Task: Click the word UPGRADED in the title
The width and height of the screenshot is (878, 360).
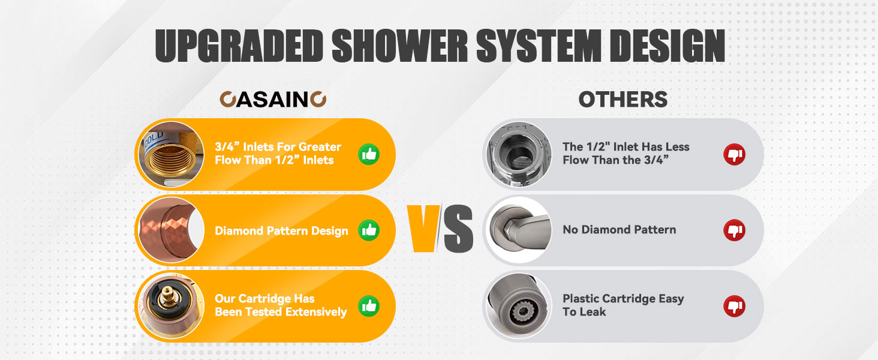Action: pos(239,46)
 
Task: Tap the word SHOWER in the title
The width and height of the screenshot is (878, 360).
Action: pos(400,46)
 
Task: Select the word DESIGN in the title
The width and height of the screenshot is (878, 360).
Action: pos(667,46)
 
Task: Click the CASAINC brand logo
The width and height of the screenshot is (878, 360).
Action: pos(273,99)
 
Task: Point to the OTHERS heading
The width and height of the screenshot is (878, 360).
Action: pos(623,99)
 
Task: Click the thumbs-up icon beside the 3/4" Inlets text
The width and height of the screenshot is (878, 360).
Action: pos(369,154)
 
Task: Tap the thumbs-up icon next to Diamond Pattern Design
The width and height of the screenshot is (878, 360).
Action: pos(369,230)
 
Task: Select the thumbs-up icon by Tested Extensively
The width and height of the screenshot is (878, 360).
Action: pos(369,306)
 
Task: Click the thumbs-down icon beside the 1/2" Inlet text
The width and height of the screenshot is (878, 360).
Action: pos(734,154)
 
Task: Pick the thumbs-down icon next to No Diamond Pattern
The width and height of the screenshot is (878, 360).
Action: pos(734,230)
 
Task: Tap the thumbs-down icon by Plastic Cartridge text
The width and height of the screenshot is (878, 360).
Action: pos(734,306)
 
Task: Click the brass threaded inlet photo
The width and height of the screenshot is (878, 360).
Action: pos(172,154)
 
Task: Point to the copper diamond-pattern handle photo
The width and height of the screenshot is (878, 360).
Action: pos(172,230)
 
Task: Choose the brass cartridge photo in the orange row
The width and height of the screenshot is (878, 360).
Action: pos(172,306)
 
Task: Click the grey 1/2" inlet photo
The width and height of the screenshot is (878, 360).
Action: pos(519,154)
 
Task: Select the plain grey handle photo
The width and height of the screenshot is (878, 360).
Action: pos(519,230)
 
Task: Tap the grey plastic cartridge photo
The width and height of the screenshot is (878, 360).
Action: pos(519,306)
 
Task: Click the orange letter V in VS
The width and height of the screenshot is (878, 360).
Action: pos(423,228)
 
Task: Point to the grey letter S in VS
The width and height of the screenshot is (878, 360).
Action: pos(458,229)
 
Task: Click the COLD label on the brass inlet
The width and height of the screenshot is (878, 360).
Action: pos(154,139)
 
